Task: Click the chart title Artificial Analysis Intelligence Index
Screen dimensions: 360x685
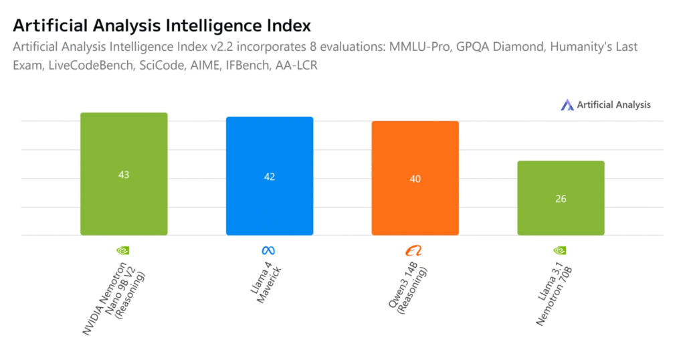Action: [162, 25]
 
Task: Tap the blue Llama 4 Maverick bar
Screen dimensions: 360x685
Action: [270, 201]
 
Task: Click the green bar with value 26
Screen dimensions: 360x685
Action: [561, 214]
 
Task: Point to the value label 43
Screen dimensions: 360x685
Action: [124, 175]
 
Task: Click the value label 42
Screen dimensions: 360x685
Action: [270, 177]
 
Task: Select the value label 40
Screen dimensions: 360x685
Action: [415, 179]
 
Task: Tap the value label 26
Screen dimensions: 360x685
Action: [561, 199]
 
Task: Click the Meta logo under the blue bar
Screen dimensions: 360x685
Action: [269, 250]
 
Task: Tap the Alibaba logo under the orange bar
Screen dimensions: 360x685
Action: [414, 251]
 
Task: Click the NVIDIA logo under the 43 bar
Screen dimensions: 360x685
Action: [123, 250]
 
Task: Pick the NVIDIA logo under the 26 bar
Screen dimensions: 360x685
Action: [560, 250]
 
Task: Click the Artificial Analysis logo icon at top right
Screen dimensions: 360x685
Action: [567, 104]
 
